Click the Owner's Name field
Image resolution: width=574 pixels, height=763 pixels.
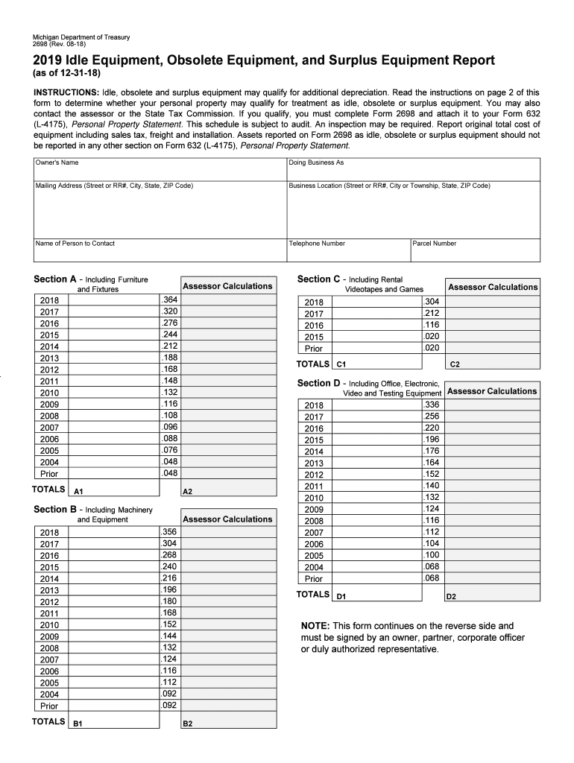point(160,169)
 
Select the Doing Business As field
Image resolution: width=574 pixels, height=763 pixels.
point(414,169)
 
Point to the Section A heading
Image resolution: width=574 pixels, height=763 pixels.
point(51,279)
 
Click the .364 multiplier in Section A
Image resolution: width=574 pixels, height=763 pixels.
point(169,300)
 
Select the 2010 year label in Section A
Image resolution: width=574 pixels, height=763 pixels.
point(50,393)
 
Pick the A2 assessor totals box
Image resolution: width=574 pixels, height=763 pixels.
point(228,488)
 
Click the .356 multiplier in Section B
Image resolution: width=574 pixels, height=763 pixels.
point(169,532)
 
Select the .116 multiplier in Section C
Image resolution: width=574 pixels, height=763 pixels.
point(432,325)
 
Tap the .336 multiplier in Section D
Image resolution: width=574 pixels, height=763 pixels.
point(432,405)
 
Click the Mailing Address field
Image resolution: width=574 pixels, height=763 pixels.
point(160,209)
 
